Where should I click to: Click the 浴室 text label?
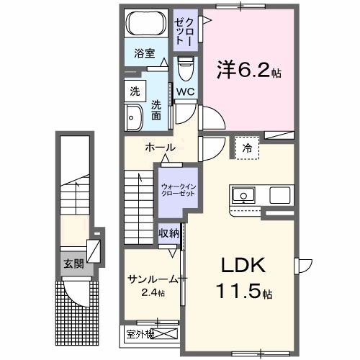[x=145, y=53]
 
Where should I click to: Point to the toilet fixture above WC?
[x=184, y=70]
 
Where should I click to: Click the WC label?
[x=184, y=91]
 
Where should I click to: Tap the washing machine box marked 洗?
[x=135, y=91]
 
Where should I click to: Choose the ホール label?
[x=160, y=148]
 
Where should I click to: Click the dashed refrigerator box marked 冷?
[x=246, y=146]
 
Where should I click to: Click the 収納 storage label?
[x=169, y=234]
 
